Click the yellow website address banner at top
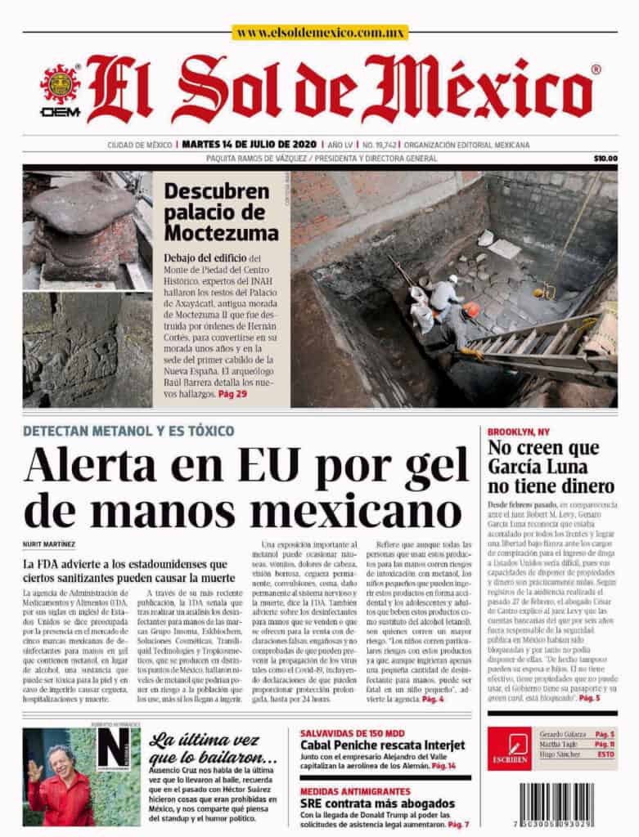click(319, 33)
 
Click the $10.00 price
click(605, 159)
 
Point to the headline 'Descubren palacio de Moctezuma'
click(221, 212)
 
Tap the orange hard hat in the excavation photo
click(471, 309)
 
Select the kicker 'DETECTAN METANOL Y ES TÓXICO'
click(128, 431)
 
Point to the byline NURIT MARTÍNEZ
click(50, 544)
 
